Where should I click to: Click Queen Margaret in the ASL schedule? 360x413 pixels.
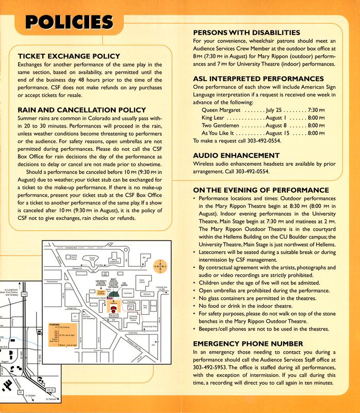221,110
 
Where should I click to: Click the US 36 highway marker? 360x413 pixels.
50,390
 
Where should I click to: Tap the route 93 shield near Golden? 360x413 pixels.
20,393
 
